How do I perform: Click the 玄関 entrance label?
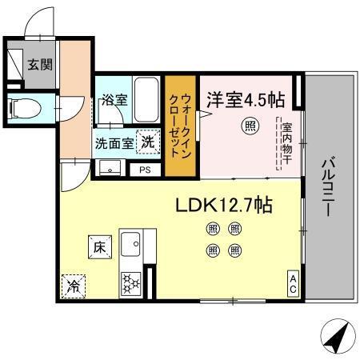(x=40, y=65)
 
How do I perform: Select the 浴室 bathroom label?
(x=114, y=101)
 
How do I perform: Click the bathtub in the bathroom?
(x=148, y=98)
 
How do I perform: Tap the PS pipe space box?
(x=145, y=170)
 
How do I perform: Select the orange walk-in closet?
(x=179, y=127)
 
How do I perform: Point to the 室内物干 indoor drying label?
(x=286, y=144)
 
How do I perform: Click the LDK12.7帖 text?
(x=223, y=206)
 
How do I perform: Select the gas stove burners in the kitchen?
(x=130, y=282)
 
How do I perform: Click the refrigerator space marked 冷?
(x=73, y=285)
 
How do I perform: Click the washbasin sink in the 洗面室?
(x=110, y=168)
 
